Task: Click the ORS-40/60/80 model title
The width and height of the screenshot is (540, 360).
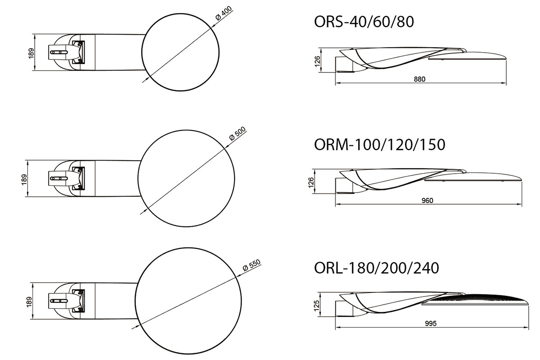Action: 364,22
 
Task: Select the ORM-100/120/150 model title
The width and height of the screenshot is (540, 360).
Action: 379,144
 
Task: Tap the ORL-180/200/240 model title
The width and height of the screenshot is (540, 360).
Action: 376,268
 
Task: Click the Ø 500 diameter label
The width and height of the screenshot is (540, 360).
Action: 237,133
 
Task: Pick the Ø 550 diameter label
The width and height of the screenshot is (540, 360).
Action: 252,265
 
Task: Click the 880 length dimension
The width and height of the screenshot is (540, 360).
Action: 419,79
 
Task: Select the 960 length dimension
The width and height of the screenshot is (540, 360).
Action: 427,200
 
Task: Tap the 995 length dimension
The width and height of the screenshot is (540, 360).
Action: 431,324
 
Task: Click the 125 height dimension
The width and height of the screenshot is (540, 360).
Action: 317,306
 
